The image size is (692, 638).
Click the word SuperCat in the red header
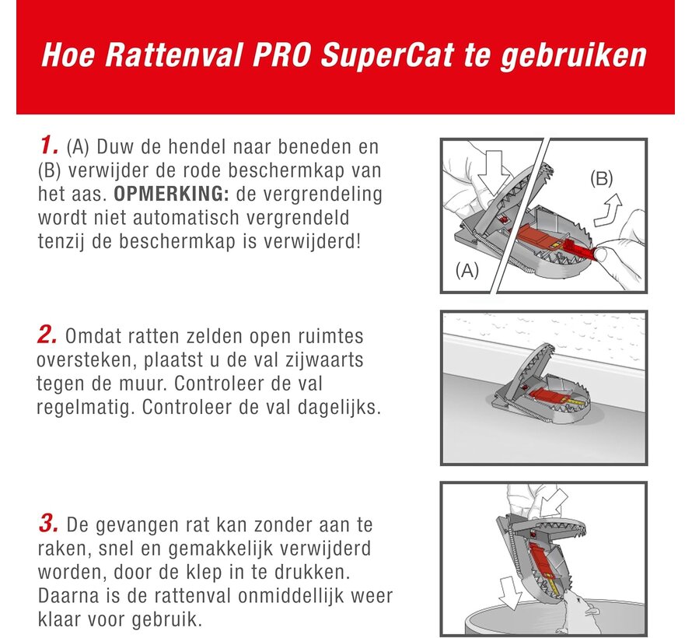point(387,56)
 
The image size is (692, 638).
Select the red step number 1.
point(49,145)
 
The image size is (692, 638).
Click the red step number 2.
point(47,335)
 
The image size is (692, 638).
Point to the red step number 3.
point(48,524)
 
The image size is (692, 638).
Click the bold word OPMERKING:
point(171,194)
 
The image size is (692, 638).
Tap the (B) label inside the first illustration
point(602,178)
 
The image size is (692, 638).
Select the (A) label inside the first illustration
point(467,269)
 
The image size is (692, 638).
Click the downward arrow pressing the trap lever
point(492,174)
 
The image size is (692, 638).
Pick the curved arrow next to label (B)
point(607,211)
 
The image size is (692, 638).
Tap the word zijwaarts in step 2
point(324,359)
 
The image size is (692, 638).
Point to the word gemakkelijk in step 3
point(222,549)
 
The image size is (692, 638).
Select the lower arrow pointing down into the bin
point(510,593)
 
